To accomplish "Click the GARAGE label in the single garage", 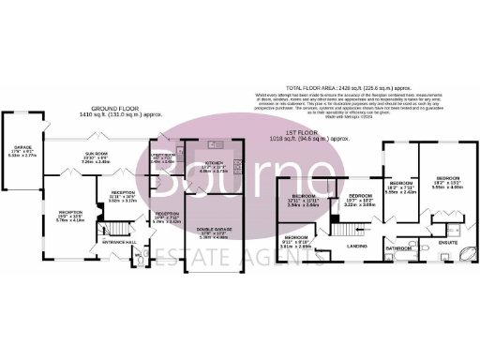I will pos(22,147).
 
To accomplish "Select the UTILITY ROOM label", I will pos(163,155).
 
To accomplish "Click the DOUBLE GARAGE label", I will pos(215,231).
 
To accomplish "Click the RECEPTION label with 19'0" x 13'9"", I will pos(70,212).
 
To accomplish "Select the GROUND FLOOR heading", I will pos(106,111).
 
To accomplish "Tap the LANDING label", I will pos(356,245).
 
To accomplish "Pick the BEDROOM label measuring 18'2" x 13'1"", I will pos(447,177).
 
